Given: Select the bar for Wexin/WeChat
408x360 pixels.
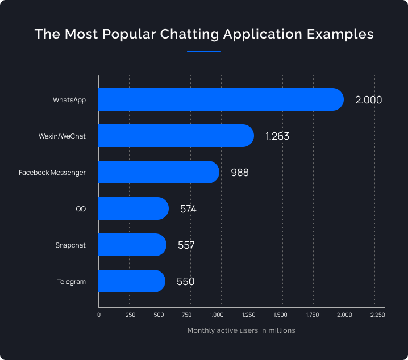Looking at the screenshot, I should [x=176, y=136].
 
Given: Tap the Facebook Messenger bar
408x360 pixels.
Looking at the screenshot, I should [x=159, y=172].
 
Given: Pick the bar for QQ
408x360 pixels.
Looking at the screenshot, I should [x=133, y=208].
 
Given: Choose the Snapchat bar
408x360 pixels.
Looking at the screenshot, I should [x=132, y=245].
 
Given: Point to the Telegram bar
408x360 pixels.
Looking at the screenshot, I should [x=131, y=281].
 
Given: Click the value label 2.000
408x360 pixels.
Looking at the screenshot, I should [x=368, y=100].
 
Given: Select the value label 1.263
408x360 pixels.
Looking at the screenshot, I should [x=278, y=136].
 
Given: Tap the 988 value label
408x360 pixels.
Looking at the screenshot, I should [x=240, y=173].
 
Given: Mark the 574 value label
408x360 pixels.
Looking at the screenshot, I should [x=188, y=209].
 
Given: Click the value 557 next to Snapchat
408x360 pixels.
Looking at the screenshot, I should [x=186, y=245].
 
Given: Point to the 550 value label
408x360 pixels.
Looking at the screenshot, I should [x=186, y=282].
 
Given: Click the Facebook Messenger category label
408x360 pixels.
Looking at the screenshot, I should [x=52, y=173].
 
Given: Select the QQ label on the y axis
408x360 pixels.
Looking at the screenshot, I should [x=81, y=209].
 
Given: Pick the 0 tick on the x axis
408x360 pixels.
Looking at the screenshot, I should [x=99, y=315].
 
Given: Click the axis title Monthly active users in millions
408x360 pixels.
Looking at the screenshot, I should [x=241, y=330].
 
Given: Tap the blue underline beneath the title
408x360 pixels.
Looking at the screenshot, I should [x=203, y=52].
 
